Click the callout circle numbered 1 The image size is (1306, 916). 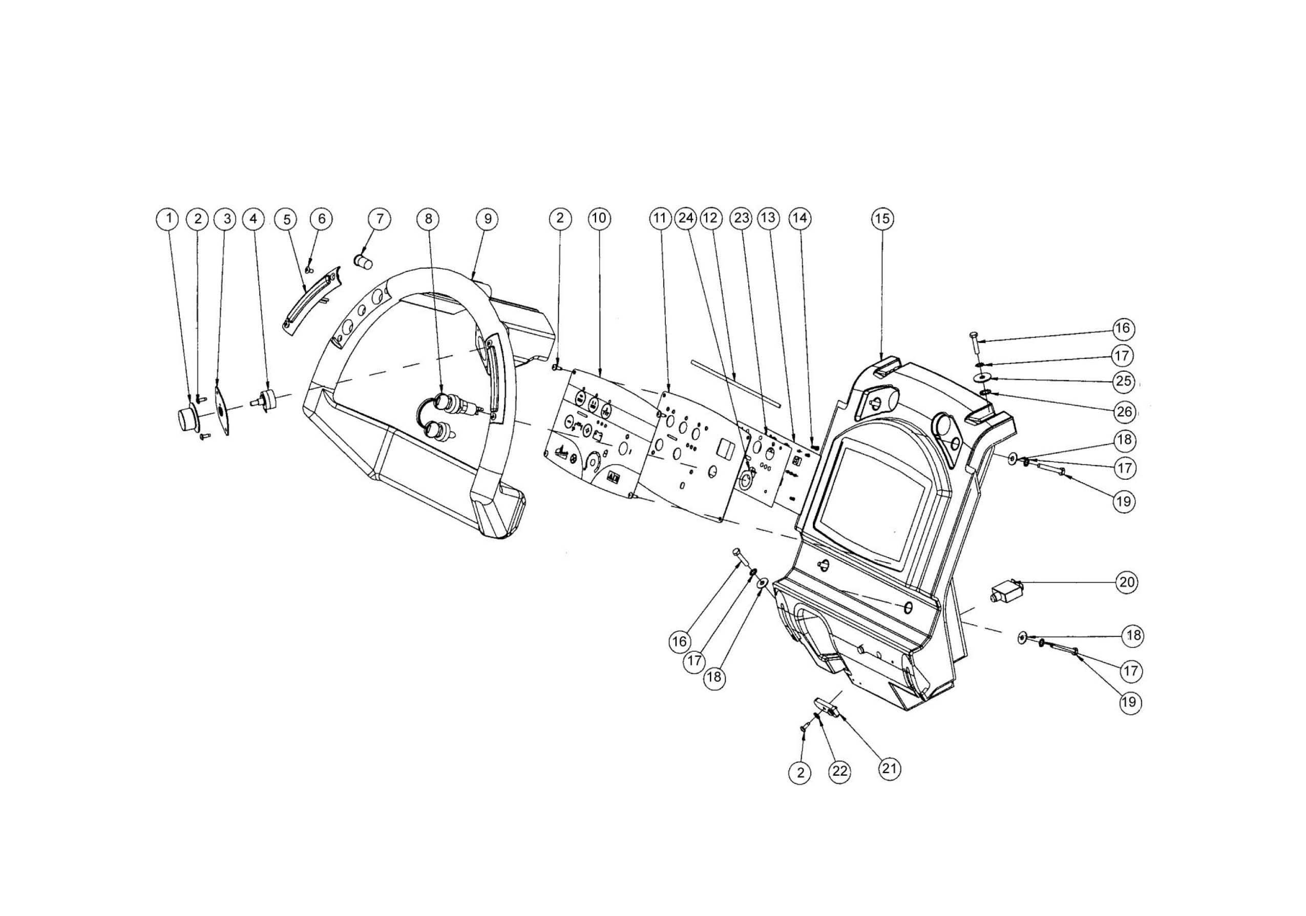click(x=168, y=218)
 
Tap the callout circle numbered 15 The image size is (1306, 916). click(x=882, y=218)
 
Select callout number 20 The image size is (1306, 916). click(x=1126, y=582)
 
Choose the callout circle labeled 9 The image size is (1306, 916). click(x=488, y=218)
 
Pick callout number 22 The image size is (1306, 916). click(x=839, y=772)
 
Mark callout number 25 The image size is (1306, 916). click(x=1123, y=381)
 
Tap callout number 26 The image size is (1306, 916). click(x=1125, y=412)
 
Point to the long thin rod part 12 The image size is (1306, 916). click(x=734, y=381)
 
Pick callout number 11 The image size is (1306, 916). click(x=659, y=218)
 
